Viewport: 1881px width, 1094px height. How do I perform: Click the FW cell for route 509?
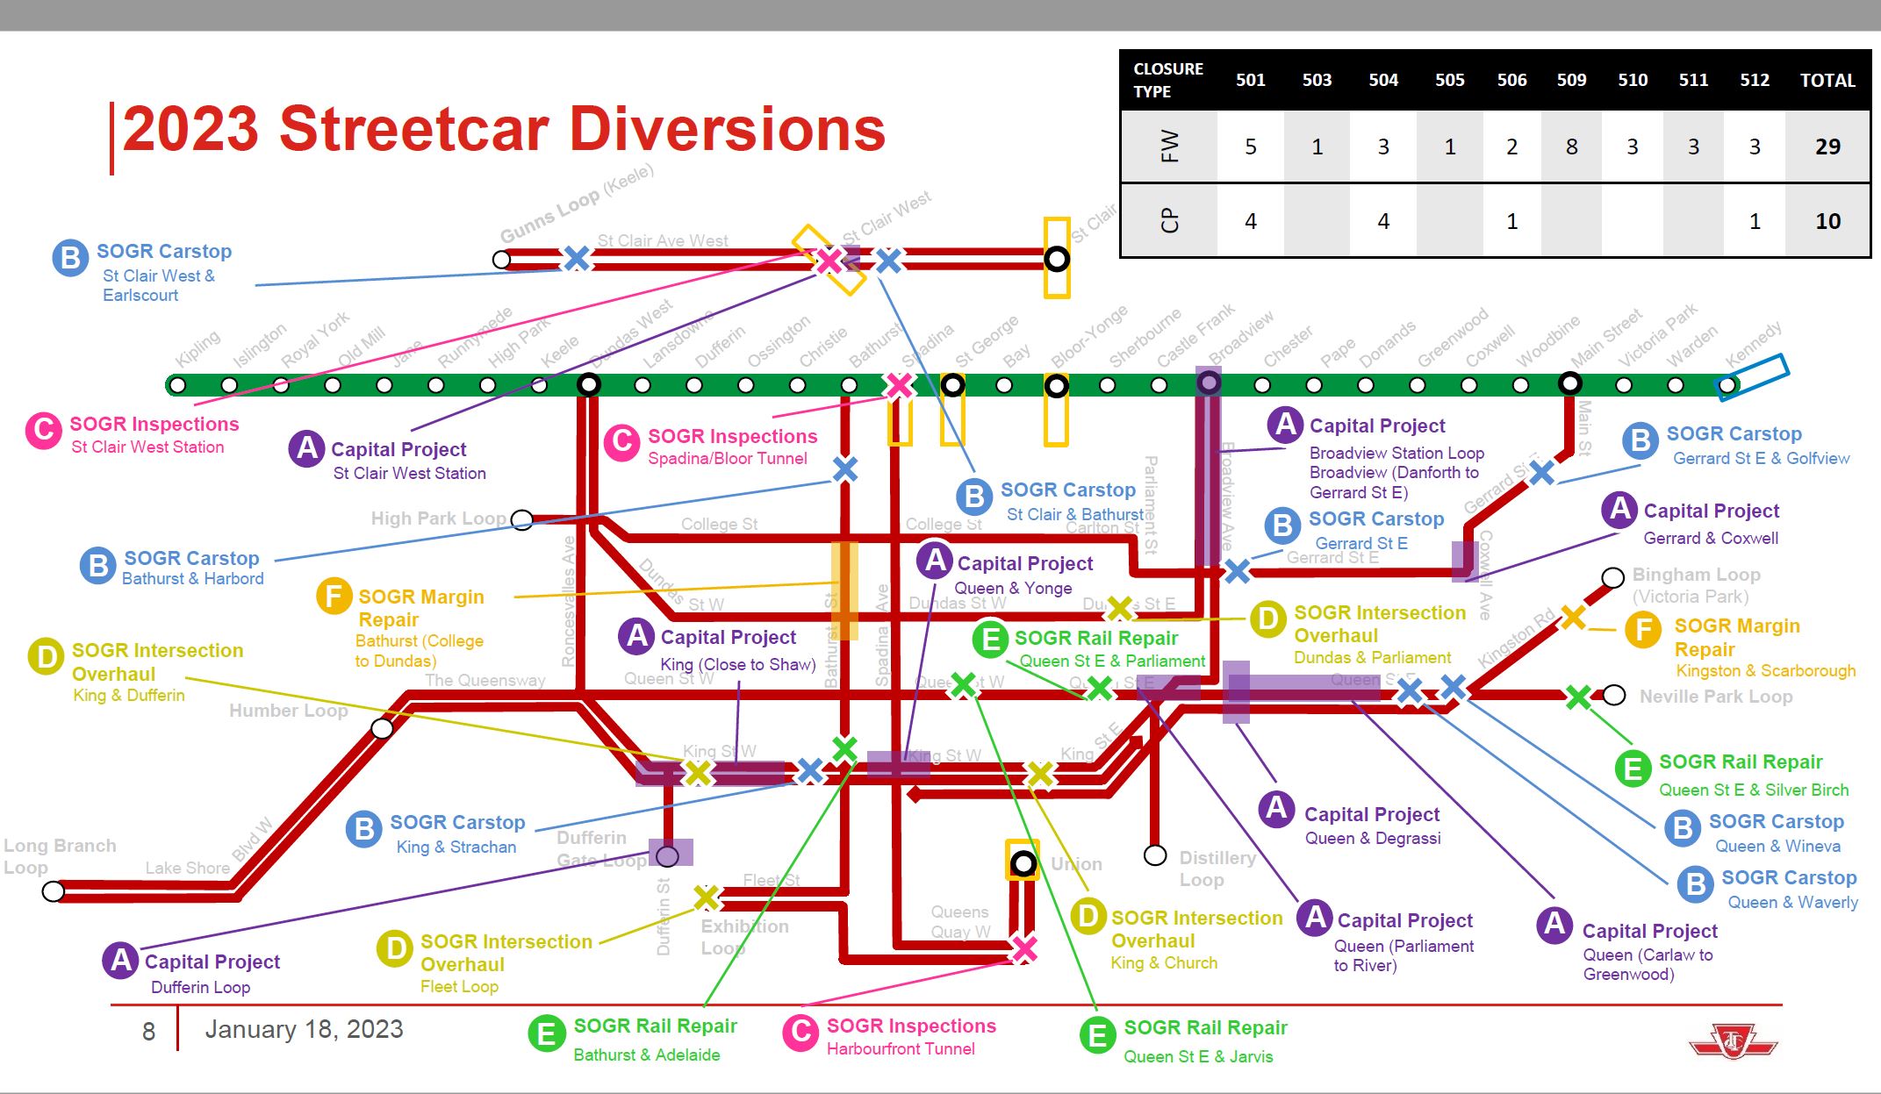coord(1571,147)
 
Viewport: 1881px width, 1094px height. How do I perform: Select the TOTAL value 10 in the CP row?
coord(1827,221)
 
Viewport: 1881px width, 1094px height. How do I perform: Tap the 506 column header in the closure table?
coord(1511,80)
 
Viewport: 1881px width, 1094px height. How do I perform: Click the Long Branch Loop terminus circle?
coord(54,891)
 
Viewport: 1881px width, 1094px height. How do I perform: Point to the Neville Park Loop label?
coord(1715,697)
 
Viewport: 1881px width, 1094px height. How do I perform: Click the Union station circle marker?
coord(1023,863)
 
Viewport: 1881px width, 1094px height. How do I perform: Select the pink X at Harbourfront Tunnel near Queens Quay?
coord(1023,948)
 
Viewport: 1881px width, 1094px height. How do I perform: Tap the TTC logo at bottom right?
coord(1733,1042)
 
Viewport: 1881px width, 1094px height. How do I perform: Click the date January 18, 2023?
coord(304,1029)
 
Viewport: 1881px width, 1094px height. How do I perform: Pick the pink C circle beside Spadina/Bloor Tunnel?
coord(621,442)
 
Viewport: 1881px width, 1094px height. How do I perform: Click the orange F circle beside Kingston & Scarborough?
coord(1643,630)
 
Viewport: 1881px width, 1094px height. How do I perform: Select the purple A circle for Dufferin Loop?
coord(121,961)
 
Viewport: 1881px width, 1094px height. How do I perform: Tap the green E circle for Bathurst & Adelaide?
coord(546,1033)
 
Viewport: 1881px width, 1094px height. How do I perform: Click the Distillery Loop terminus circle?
coord(1155,854)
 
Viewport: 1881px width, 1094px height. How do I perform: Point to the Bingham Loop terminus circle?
coord(1612,577)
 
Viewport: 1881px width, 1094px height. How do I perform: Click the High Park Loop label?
coord(438,518)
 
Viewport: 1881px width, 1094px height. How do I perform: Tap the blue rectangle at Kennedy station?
coord(1754,376)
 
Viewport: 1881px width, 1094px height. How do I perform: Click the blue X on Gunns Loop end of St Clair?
coord(576,258)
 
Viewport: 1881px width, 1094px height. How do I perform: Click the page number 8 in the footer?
coord(148,1031)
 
